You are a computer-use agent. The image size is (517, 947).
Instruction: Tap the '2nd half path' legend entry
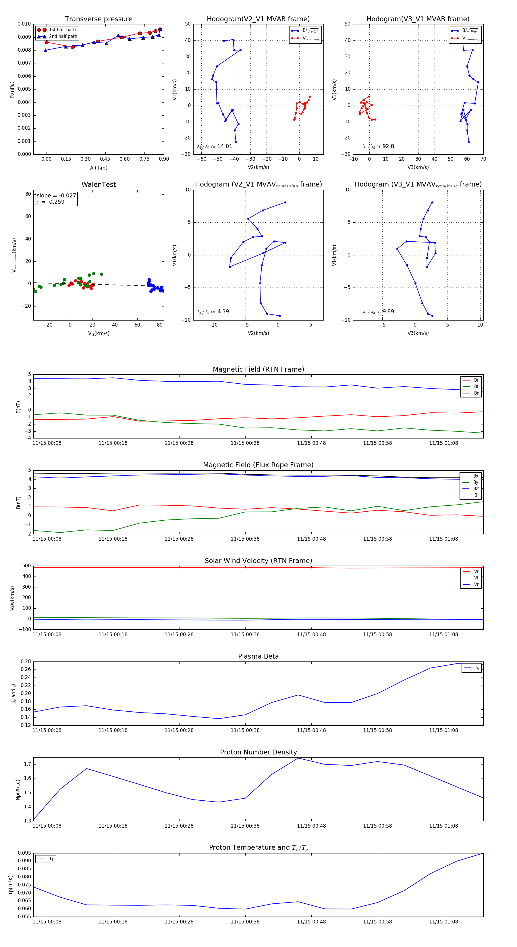(x=63, y=36)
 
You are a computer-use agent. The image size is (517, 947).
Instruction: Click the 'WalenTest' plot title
(x=99, y=185)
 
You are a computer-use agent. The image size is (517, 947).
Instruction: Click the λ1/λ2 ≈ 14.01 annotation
(x=215, y=146)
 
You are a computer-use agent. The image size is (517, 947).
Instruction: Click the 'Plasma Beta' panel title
(x=258, y=656)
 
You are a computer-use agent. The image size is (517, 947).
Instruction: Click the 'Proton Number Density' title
(x=258, y=752)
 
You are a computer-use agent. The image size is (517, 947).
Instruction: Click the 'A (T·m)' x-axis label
(x=99, y=168)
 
